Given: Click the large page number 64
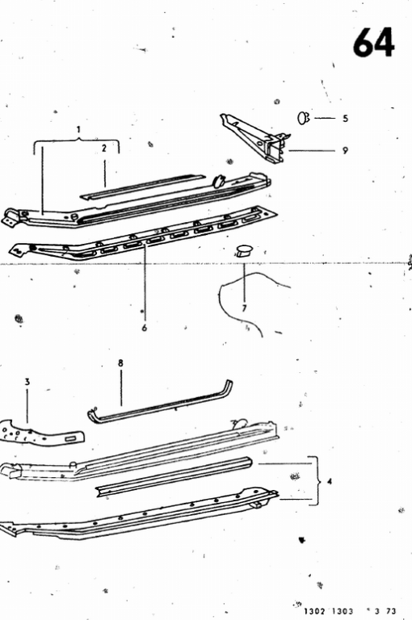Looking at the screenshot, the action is coord(373,42).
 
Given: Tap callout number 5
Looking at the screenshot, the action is coord(345,118).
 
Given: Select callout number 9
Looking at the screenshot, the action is coord(345,151).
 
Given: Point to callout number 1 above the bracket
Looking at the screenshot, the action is coord(78,129).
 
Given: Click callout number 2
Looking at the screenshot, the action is coord(104,149).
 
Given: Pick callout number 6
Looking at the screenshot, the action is coord(145,328).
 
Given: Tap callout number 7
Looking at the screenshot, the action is coord(244,308).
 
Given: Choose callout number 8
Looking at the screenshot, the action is coord(120,363).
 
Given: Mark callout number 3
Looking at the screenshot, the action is coord(27,382).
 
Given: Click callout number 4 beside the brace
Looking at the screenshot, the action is coord(330,481).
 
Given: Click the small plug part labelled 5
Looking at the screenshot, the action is coord(304,118).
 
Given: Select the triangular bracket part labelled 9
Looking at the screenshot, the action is coord(255,138).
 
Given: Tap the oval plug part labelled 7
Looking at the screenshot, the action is coord(244,250).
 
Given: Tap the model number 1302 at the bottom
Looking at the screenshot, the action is coord(314,611).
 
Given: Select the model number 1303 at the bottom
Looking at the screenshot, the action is coord(343,611).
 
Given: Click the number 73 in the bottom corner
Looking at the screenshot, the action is coord(390,611).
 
